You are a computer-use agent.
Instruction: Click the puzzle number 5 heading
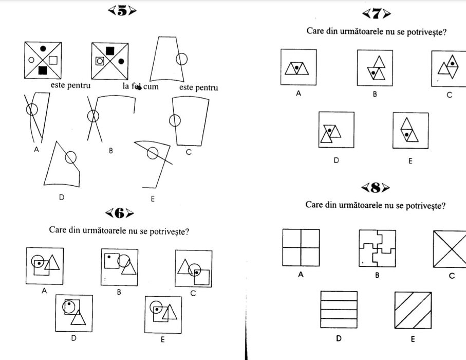pyautogui.click(x=121, y=11)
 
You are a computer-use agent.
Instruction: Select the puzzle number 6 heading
pyautogui.click(x=119, y=212)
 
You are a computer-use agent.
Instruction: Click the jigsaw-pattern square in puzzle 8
pyautogui.click(x=377, y=248)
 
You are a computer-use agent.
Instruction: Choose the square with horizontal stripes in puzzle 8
pyautogui.click(x=339, y=310)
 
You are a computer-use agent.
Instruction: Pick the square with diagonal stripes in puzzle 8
pyautogui.click(x=413, y=310)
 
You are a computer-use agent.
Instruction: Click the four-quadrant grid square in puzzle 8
pyautogui.click(x=301, y=248)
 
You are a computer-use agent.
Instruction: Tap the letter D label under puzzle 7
pyautogui.click(x=336, y=160)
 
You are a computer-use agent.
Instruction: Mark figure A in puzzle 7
pyautogui.click(x=299, y=67)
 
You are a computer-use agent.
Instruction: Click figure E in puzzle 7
pyautogui.click(x=411, y=130)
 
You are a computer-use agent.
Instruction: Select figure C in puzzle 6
pyautogui.click(x=193, y=268)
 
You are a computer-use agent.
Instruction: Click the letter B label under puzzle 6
pyautogui.click(x=119, y=292)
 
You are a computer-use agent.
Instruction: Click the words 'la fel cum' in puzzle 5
pyautogui.click(x=140, y=86)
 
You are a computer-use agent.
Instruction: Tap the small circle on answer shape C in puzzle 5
pyautogui.click(x=175, y=120)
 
